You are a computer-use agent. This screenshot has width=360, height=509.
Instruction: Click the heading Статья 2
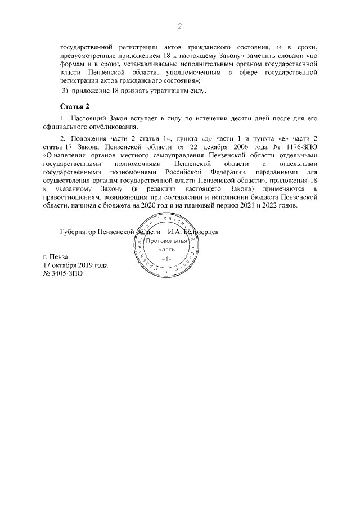coord(75,106)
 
